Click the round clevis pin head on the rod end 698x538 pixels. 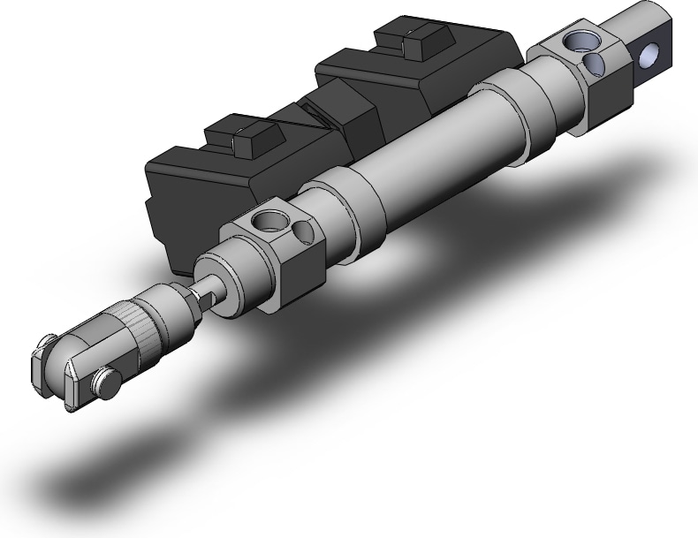click(x=106, y=381)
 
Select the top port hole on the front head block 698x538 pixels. click(x=263, y=220)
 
